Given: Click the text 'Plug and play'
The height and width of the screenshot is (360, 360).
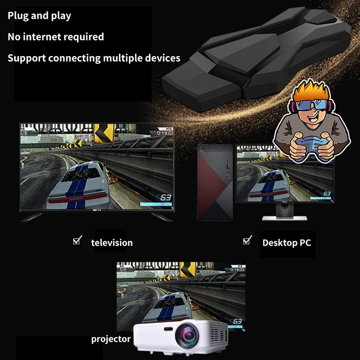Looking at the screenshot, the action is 39,16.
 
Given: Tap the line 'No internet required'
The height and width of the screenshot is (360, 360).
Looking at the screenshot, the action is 55,37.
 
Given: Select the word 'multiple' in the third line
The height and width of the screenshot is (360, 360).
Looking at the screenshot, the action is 126,58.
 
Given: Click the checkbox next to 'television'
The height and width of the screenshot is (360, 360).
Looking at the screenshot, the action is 77,241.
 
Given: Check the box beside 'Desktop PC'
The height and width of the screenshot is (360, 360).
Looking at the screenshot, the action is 247,240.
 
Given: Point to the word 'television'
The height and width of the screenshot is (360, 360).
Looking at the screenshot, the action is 112,243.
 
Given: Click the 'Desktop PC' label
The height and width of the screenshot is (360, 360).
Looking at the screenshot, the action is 287,243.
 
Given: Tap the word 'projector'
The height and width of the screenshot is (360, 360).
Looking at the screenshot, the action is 111,339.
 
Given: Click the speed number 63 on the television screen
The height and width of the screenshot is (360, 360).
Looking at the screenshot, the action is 165,197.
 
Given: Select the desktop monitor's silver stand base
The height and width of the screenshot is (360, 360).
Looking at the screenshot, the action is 284,218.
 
